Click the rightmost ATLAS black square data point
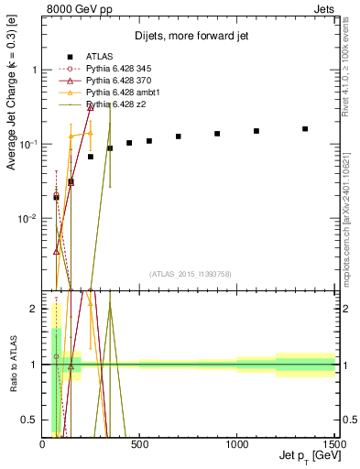(x=305, y=129)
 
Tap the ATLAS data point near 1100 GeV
(x=256, y=131)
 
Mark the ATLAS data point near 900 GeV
(x=217, y=134)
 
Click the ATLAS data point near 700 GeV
(x=179, y=136)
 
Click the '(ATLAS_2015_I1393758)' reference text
(x=190, y=273)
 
